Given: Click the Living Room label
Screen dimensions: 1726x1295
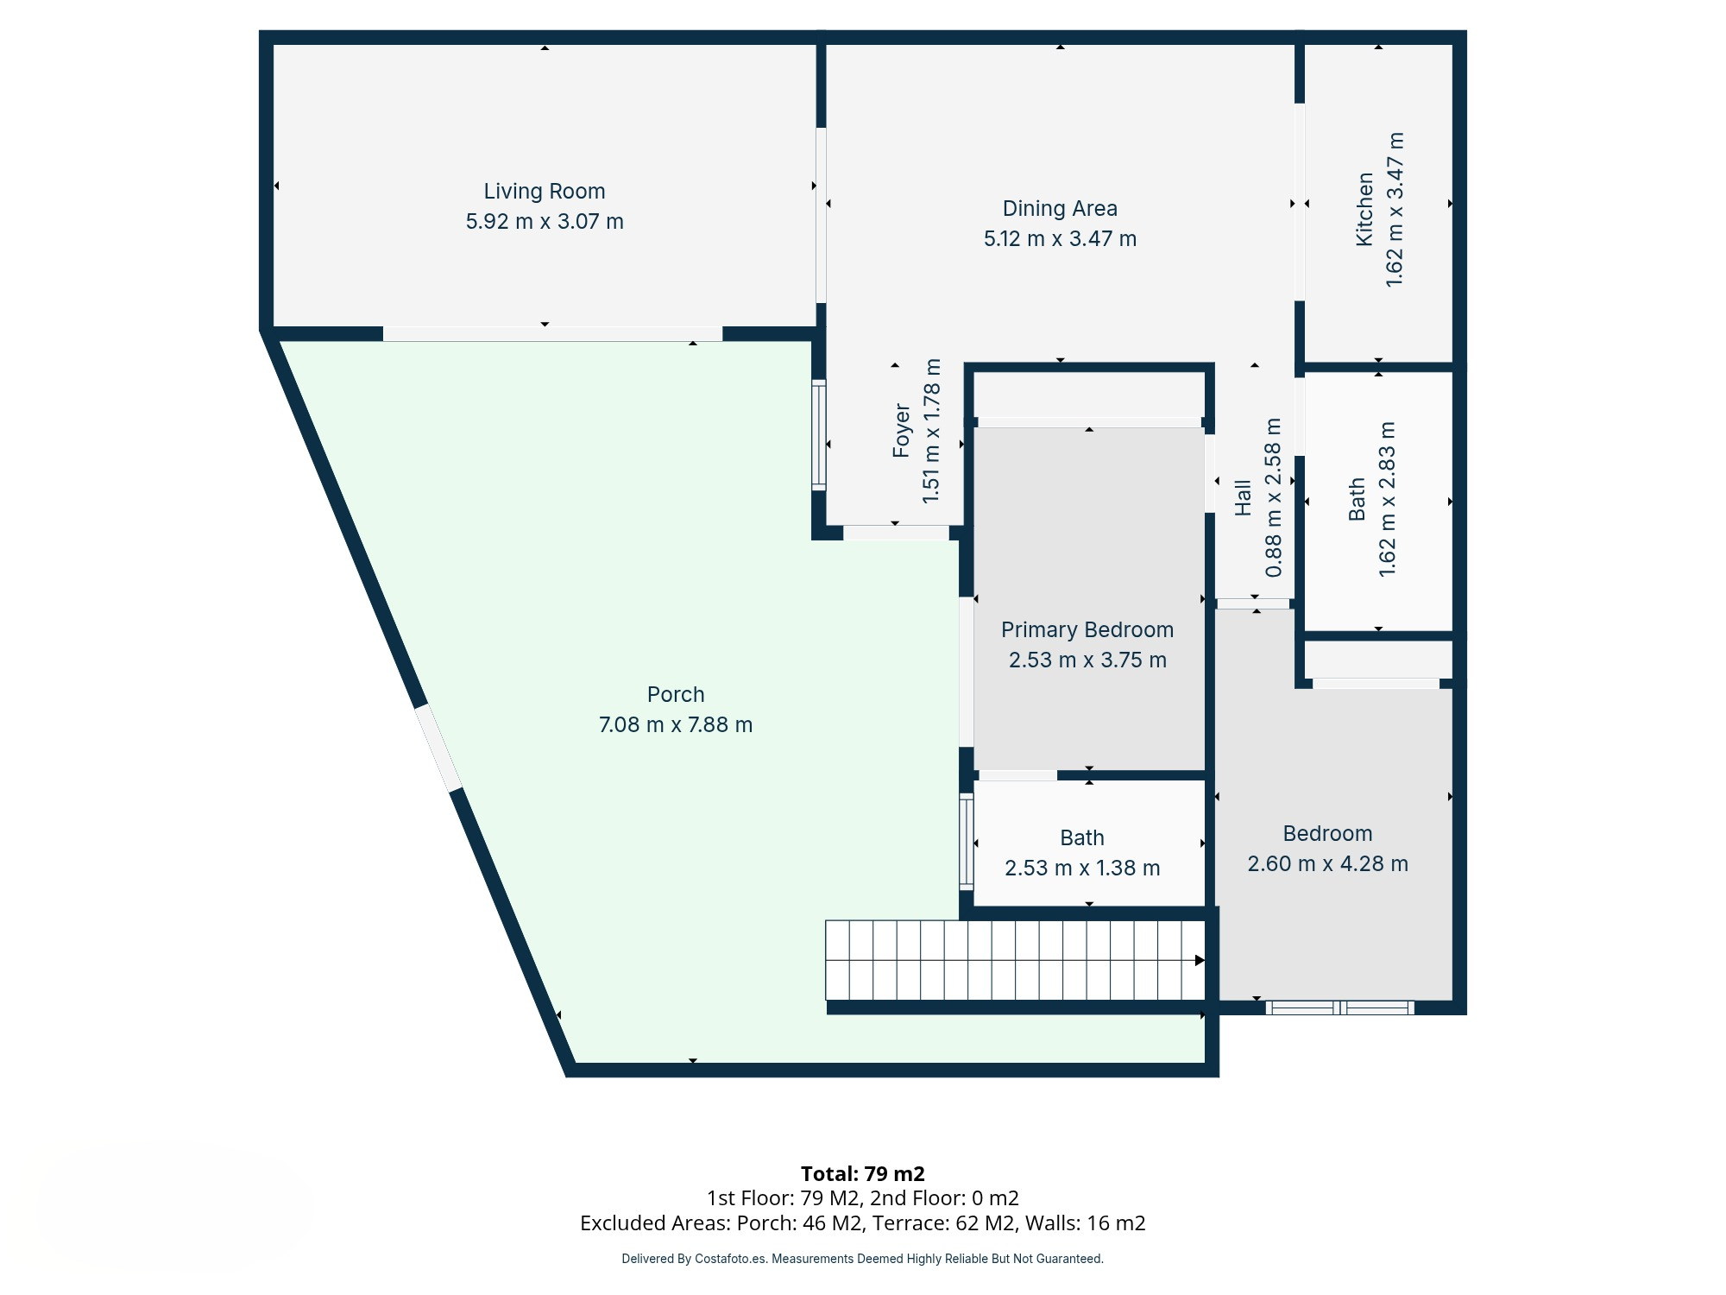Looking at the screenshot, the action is (x=544, y=191).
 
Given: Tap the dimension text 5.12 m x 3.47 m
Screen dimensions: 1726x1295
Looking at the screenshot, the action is (x=1060, y=238).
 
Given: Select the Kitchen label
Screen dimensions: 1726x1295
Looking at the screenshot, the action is (x=1364, y=210).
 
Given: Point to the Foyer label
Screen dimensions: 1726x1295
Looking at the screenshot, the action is (x=902, y=430).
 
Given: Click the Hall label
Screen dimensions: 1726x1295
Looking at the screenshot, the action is (x=1243, y=498).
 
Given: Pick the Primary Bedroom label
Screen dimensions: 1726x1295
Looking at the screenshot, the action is (x=1087, y=629).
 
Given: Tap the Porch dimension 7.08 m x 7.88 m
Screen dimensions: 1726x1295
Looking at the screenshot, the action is (x=676, y=724).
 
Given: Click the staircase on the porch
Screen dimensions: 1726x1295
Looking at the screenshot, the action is (x=1015, y=960).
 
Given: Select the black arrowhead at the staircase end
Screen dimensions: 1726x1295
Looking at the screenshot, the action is (x=1200, y=960).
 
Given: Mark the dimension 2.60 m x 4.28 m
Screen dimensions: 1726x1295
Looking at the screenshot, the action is (x=1327, y=863).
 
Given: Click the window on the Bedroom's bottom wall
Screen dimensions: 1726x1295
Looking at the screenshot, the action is (x=1339, y=1007).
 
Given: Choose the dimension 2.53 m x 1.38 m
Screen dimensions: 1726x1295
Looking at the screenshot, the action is (x=1082, y=868).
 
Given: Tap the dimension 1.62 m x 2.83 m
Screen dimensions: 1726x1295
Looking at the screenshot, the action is (x=1387, y=499).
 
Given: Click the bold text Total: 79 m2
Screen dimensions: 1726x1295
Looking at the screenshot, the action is (x=863, y=1173).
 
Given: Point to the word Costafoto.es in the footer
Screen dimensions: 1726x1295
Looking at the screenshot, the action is (x=730, y=1259).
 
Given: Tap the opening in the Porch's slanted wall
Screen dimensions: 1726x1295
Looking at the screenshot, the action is (x=438, y=748).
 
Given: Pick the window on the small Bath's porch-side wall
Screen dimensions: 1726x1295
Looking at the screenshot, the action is (x=967, y=842).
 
